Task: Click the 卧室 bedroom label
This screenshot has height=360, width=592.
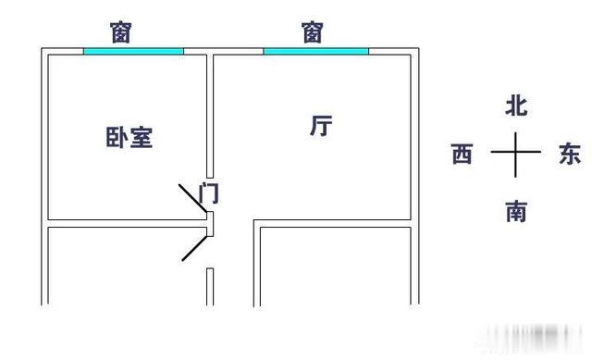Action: (x=129, y=138)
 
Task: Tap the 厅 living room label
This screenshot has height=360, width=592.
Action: (x=321, y=127)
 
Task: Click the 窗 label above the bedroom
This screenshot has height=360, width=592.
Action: (x=121, y=32)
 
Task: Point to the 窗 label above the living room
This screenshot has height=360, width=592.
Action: (x=313, y=32)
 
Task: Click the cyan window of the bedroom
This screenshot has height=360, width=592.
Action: (x=133, y=51)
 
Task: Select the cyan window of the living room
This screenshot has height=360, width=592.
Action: (x=315, y=51)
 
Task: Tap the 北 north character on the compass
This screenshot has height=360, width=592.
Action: (x=515, y=106)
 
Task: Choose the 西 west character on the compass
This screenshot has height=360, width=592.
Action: (x=462, y=155)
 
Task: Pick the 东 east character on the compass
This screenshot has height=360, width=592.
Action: (x=570, y=155)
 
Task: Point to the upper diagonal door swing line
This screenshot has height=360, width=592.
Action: (x=193, y=200)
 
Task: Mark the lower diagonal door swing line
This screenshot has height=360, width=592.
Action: (x=194, y=246)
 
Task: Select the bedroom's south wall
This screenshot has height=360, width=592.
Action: (x=125, y=222)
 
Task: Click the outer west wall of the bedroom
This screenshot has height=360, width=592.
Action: (x=43, y=139)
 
